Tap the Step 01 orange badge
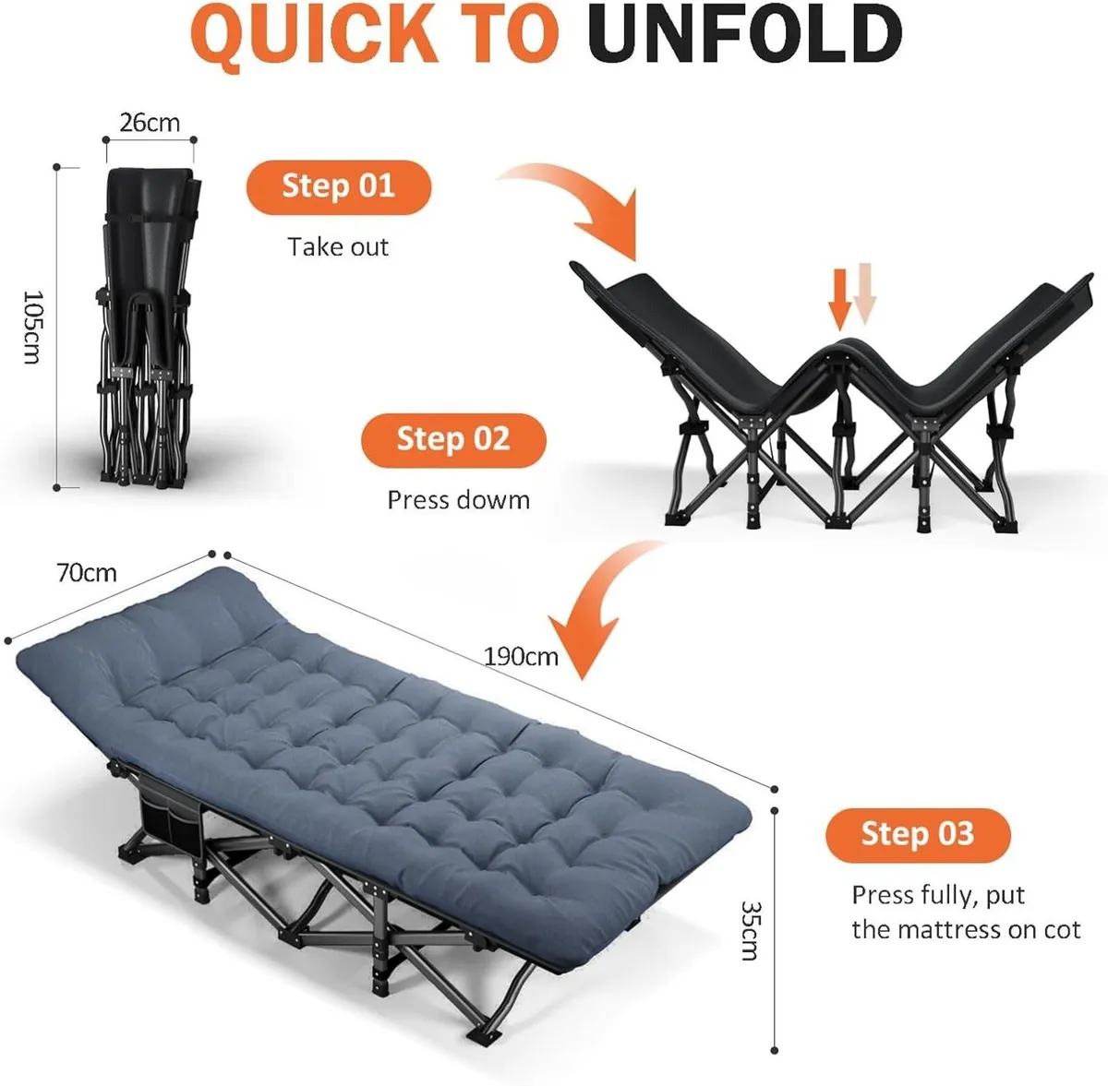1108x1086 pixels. [338, 186]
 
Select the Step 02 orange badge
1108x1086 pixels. [453, 438]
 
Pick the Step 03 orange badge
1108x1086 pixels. [917, 834]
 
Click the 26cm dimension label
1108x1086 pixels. [150, 122]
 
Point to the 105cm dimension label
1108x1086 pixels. [32, 327]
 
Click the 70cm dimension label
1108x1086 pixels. [87, 573]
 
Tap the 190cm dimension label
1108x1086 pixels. [521, 656]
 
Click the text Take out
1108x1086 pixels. [338, 247]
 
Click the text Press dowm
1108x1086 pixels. [458, 500]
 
